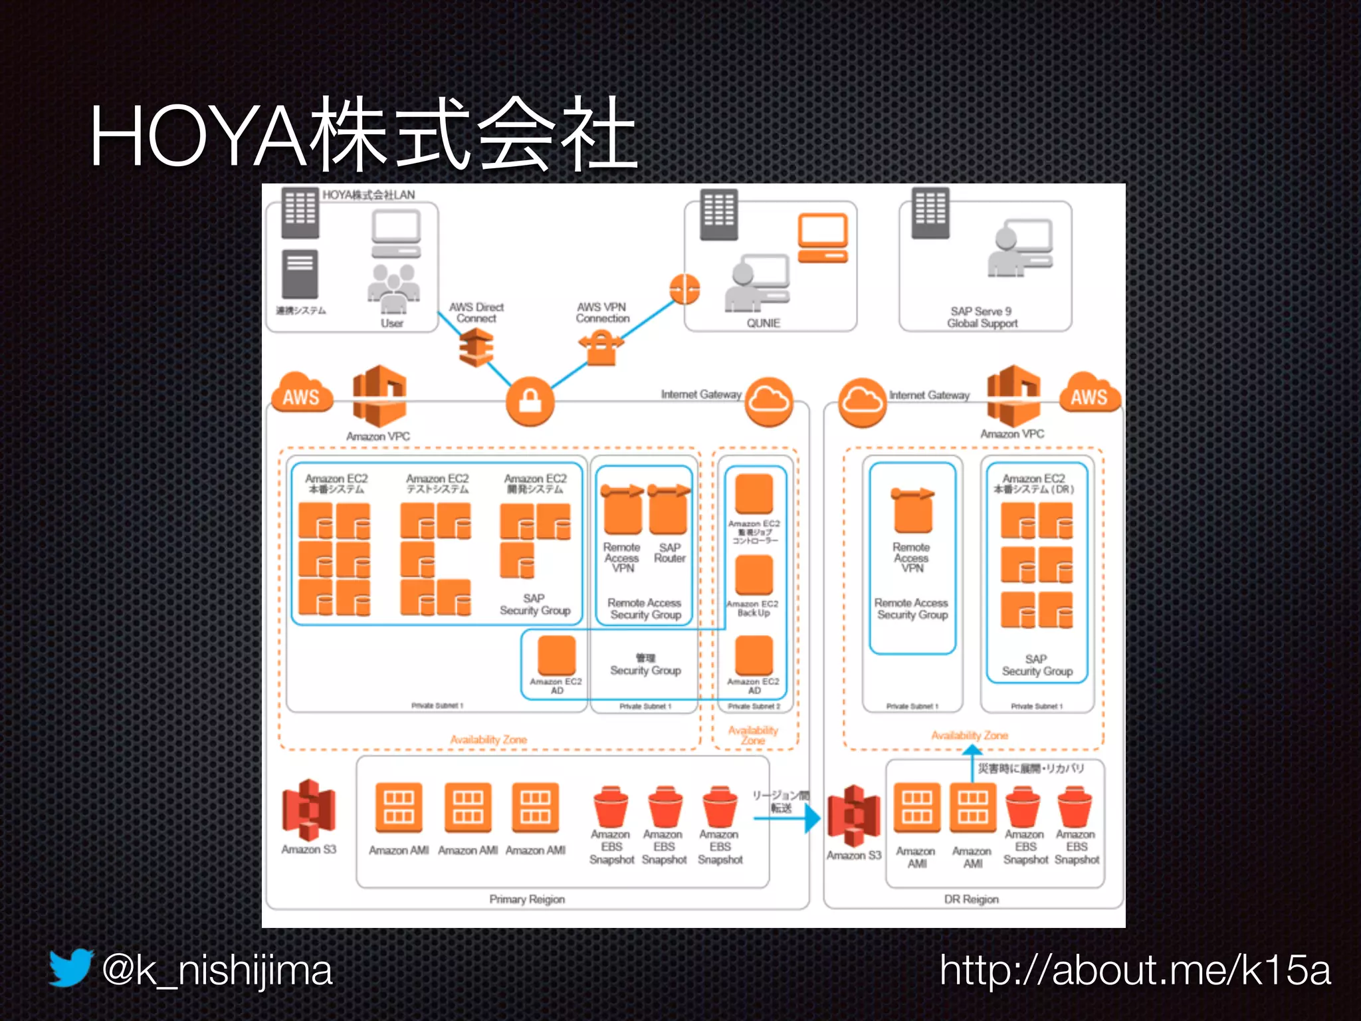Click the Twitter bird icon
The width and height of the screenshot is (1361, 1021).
coord(70,968)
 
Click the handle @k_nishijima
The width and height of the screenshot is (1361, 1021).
coord(217,970)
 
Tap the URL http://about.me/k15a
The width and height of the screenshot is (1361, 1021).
coord(1135,970)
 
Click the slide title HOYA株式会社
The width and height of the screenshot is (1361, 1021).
coord(364,134)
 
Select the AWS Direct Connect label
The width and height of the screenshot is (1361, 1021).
coord(476,312)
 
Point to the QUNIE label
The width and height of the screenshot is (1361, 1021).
coord(763,323)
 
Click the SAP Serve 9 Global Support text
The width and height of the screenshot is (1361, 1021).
coord(982,317)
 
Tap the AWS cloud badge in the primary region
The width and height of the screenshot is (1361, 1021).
coord(302,395)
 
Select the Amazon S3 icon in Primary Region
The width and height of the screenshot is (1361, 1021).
coord(308,810)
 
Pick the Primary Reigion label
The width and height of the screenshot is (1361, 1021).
coord(527,899)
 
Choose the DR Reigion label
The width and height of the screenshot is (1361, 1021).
coord(971,899)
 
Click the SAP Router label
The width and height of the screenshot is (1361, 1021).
coord(669,553)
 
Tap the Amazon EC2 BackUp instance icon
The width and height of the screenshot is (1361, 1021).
coord(754,575)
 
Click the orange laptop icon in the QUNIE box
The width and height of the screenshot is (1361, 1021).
coord(822,238)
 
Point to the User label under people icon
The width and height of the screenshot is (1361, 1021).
coord(391,323)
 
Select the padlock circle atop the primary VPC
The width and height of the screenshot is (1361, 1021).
coord(530,401)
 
